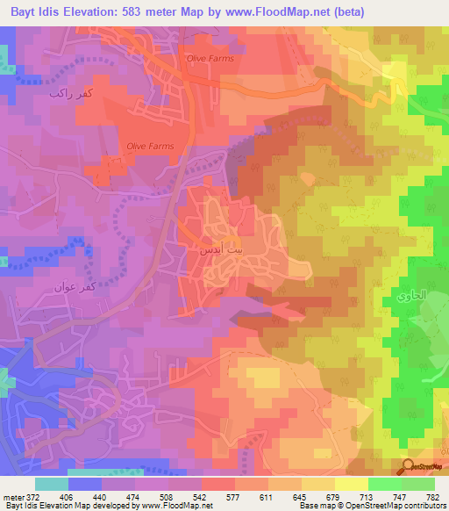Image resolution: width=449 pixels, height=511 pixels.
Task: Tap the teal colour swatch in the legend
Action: (x=51, y=484)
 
